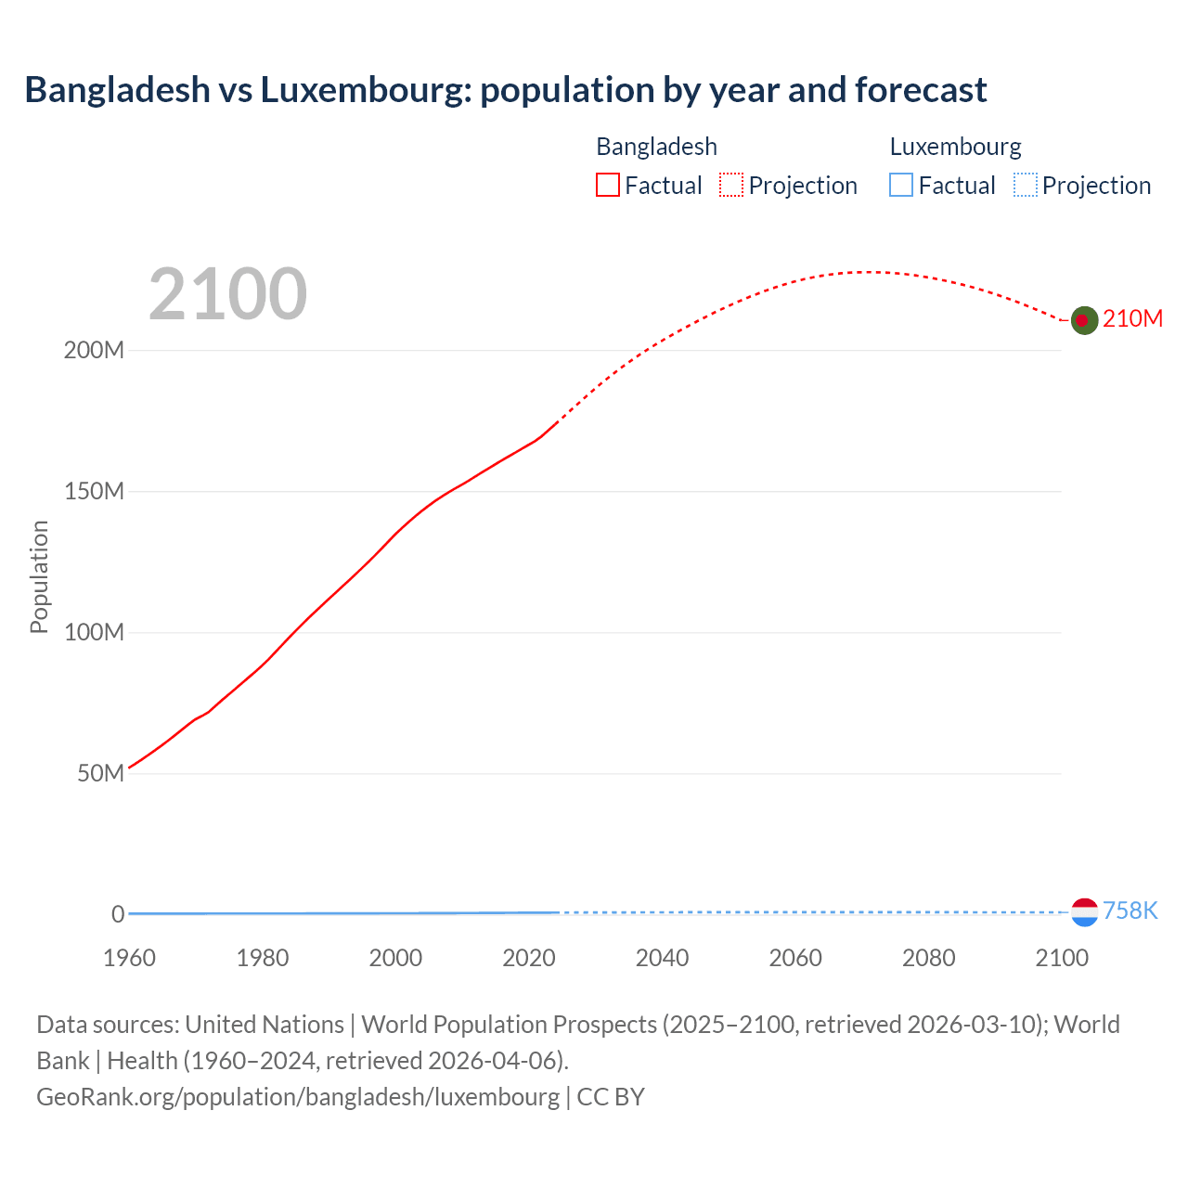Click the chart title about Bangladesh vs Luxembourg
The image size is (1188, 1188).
505,90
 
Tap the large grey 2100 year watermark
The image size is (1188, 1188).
227,294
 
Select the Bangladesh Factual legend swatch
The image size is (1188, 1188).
608,186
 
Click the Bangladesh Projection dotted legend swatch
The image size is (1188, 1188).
731,186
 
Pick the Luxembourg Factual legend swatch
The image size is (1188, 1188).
901,186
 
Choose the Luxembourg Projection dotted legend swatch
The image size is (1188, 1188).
1025,186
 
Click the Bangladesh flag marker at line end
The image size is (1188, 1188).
1084,320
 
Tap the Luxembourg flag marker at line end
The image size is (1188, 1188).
1084,912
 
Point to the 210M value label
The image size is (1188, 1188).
1132,319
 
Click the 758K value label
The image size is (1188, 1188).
1130,910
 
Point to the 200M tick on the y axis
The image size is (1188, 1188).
94,351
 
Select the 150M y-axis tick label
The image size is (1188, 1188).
94,492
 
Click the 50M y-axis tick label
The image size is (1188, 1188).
100,774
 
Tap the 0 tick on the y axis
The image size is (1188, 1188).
118,914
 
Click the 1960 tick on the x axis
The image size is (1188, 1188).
129,958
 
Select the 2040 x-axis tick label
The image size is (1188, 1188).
662,958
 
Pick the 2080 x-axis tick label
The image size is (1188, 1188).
928,958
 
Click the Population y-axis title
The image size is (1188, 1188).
39,576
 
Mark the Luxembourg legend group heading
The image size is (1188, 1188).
955,147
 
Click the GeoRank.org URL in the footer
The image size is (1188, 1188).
298,1097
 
